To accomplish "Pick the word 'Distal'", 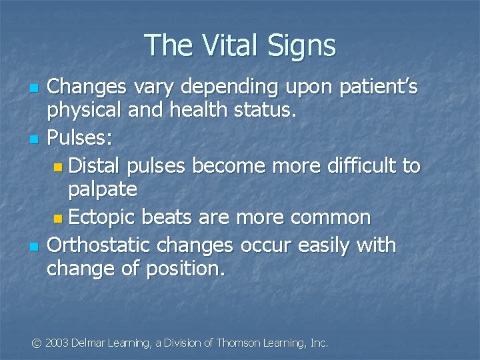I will click(x=97, y=165).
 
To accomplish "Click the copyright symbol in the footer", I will click(x=37, y=343).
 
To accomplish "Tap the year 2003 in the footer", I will click(x=57, y=343).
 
